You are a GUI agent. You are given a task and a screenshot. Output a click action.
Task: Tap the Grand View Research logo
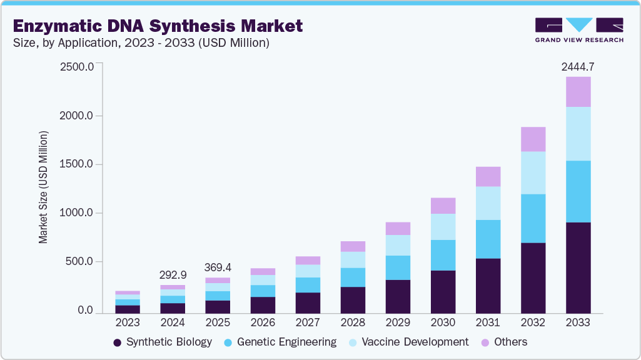[x=578, y=29]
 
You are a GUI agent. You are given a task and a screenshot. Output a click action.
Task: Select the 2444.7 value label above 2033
[x=578, y=66]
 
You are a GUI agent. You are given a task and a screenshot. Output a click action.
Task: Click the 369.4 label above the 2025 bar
[x=218, y=267]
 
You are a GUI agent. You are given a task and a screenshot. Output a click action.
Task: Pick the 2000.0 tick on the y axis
[x=76, y=116]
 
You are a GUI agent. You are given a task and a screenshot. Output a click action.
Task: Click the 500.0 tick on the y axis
[x=79, y=261]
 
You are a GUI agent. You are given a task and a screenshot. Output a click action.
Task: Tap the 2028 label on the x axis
[x=353, y=322]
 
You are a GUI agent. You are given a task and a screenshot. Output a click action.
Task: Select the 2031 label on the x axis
[x=488, y=322]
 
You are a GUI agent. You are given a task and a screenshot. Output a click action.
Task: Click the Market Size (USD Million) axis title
[x=43, y=187]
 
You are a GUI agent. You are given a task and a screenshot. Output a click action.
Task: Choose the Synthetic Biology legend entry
[x=163, y=342]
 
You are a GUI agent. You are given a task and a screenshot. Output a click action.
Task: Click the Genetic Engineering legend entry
[x=281, y=342]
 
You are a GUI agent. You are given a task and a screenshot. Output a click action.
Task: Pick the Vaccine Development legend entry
[x=408, y=342]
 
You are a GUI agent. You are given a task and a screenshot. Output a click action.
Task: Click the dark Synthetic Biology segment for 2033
[x=578, y=267]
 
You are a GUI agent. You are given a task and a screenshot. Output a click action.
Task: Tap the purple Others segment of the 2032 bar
[x=533, y=139]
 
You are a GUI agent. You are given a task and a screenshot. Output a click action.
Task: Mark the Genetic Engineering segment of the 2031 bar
[x=488, y=239]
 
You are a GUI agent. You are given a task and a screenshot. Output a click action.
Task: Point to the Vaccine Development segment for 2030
[x=443, y=226]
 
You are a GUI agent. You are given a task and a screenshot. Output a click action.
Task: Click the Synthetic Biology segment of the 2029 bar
[x=398, y=296]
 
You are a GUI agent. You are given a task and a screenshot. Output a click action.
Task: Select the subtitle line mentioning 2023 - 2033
[x=141, y=42]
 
